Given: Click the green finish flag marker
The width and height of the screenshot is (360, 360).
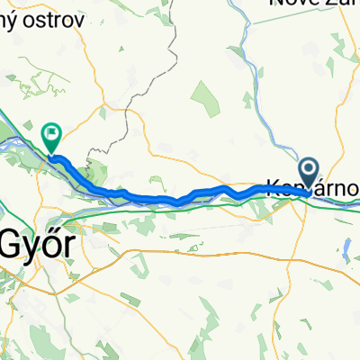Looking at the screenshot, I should tap(51, 137).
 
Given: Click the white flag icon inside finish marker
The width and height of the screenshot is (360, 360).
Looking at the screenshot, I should tap(51, 133).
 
